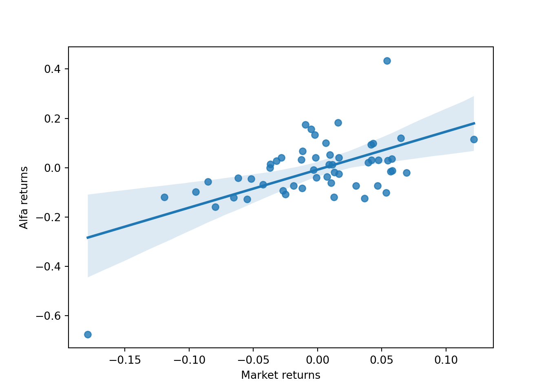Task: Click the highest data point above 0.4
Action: (x=387, y=61)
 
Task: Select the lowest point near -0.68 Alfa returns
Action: (x=88, y=334)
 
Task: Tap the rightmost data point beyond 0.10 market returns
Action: (x=474, y=139)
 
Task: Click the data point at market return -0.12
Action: (x=164, y=197)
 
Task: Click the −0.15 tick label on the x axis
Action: (x=124, y=360)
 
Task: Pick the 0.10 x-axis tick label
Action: (x=446, y=360)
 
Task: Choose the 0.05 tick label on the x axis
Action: (x=382, y=360)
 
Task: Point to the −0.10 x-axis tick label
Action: (x=189, y=360)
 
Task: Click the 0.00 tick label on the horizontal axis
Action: (x=317, y=360)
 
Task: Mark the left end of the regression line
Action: (x=88, y=237)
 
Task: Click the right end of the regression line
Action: (x=474, y=123)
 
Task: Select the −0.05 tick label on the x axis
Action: (x=253, y=360)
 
